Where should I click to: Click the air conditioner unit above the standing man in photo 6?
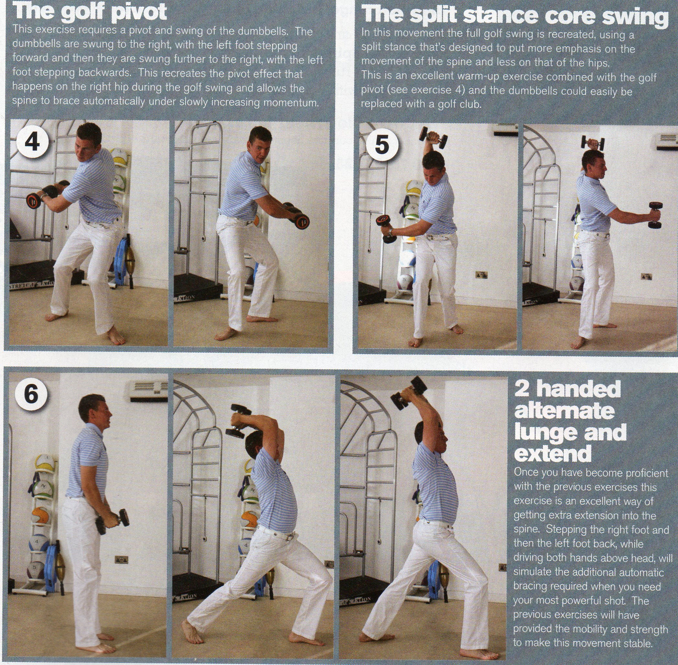click(149, 388)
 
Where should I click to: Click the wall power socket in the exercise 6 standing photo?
click(121, 560)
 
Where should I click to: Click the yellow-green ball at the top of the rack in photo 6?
click(45, 463)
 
